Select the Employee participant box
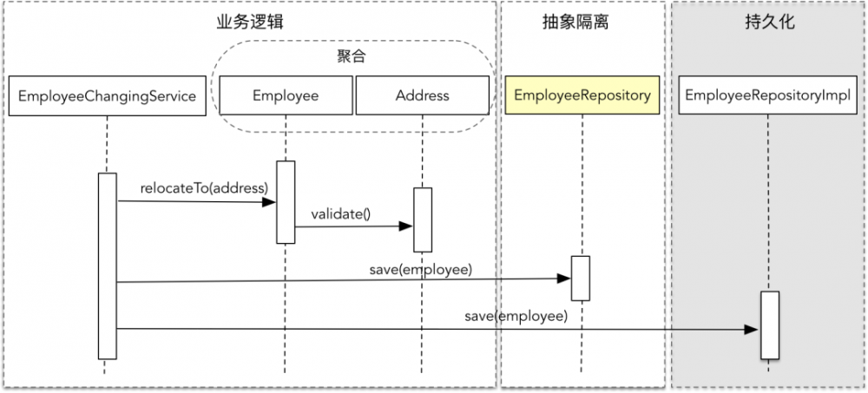pyautogui.click(x=286, y=95)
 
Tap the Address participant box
pyautogui.click(x=422, y=95)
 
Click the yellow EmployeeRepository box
pyautogui.click(x=582, y=95)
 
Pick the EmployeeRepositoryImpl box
pyautogui.click(x=768, y=95)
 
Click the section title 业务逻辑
pyautogui.click(x=250, y=23)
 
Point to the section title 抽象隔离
pyautogui.click(x=582, y=23)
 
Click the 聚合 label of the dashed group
pyautogui.click(x=351, y=56)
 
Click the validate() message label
pyautogui.click(x=340, y=214)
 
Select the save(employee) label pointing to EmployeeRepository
pyautogui.click(x=420, y=270)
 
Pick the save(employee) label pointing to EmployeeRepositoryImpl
pyautogui.click(x=516, y=317)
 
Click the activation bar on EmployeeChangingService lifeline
pyautogui.click(x=108, y=265)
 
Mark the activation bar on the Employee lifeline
pyautogui.click(x=286, y=202)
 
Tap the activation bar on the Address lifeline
pyautogui.click(x=422, y=219)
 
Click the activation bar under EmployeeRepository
pyautogui.click(x=580, y=278)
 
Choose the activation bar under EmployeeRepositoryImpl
pyautogui.click(x=769, y=325)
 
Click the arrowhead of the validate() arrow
pyautogui.click(x=407, y=226)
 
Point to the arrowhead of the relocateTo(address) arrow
pyautogui.click(x=271, y=202)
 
